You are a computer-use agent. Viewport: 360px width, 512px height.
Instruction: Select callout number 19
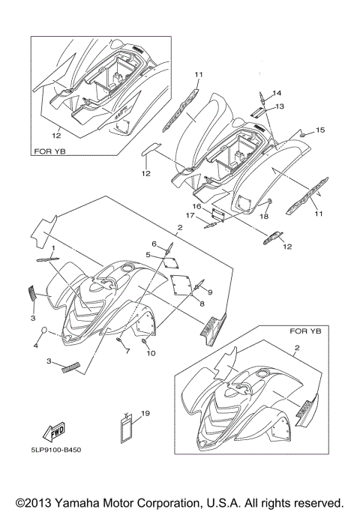tap(145, 413)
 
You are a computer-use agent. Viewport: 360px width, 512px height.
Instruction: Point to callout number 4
tap(35, 345)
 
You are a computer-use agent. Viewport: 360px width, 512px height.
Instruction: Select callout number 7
tap(127, 352)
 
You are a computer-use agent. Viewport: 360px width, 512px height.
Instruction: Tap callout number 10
tap(151, 353)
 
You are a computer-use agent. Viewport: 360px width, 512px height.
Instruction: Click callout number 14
tap(277, 93)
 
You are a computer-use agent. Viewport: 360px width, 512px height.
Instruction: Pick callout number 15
tap(320, 130)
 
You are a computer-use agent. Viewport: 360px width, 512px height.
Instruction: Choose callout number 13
tap(280, 106)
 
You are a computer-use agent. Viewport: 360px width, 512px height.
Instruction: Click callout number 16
tap(196, 206)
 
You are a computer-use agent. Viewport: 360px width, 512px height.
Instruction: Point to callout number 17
tap(190, 215)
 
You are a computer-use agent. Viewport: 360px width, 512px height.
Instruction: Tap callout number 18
tap(264, 216)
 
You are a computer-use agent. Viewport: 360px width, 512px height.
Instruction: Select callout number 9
tap(210, 292)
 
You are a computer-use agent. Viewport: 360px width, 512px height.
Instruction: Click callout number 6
tap(154, 244)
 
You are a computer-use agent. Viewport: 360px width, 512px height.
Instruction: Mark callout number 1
tap(53, 248)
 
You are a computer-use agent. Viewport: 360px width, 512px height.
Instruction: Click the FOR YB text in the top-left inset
tap(49, 151)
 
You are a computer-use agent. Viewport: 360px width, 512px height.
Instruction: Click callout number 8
tap(202, 304)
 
